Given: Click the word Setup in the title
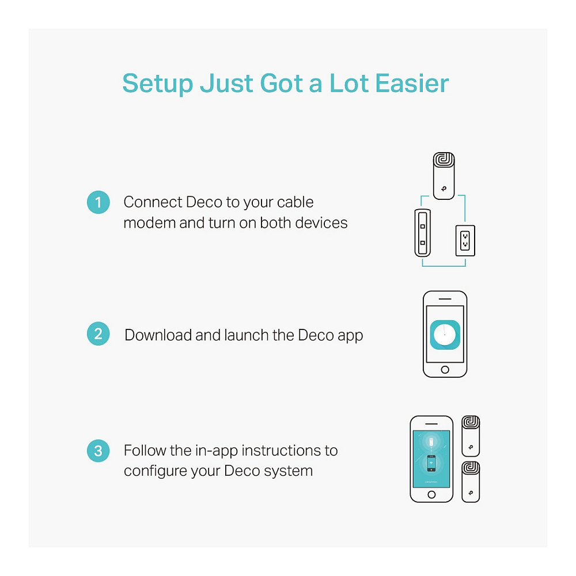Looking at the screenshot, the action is click(158, 84).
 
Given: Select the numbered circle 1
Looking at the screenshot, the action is click(98, 202).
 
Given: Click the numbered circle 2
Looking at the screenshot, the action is click(98, 334).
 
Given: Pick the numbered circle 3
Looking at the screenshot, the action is click(98, 451).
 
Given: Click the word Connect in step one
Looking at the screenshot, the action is click(153, 202).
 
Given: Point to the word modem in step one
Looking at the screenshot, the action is click(150, 223).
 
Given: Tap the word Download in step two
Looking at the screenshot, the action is click(158, 335).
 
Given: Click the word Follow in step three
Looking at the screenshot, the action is click(145, 450).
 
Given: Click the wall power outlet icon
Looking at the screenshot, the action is click(465, 241).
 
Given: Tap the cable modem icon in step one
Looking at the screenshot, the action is click(422, 233).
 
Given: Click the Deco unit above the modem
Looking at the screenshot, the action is click(444, 176).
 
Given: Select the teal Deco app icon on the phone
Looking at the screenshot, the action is click(445, 335).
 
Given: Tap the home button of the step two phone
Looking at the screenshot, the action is click(445, 370).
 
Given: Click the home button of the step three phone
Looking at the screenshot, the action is click(431, 494).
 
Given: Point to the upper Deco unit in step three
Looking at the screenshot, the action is click(471, 436).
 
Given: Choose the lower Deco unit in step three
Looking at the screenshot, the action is click(471, 482).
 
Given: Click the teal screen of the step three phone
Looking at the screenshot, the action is click(431, 459).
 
